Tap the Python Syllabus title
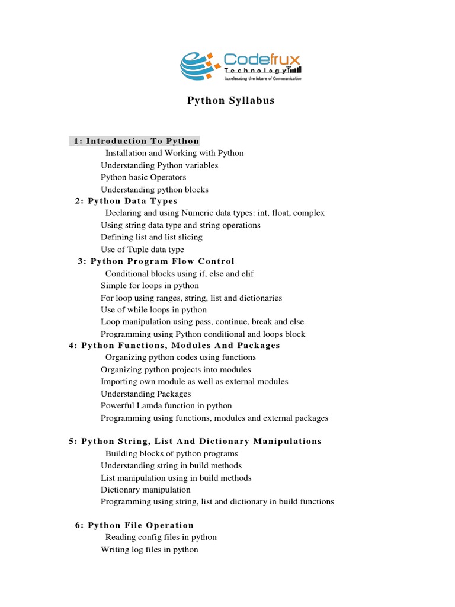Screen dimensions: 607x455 (231, 101)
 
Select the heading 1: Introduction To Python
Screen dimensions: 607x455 (137, 141)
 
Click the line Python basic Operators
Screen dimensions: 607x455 (143, 177)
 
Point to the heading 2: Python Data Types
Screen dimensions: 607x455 (126, 201)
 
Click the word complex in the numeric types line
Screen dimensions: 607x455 (309, 213)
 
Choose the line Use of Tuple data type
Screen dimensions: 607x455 (142, 250)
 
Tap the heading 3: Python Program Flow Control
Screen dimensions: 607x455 (156, 261)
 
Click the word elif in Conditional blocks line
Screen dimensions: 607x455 (245, 274)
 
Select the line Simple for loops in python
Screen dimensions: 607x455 (150, 286)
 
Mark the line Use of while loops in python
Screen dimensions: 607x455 (154, 310)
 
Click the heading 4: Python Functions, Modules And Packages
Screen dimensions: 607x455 (175, 346)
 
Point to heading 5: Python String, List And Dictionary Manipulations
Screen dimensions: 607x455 (196, 441)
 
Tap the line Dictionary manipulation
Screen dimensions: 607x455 (146, 490)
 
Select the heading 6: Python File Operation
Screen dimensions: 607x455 (134, 525)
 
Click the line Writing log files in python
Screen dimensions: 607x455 (149, 550)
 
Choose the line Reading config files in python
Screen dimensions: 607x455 (161, 537)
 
